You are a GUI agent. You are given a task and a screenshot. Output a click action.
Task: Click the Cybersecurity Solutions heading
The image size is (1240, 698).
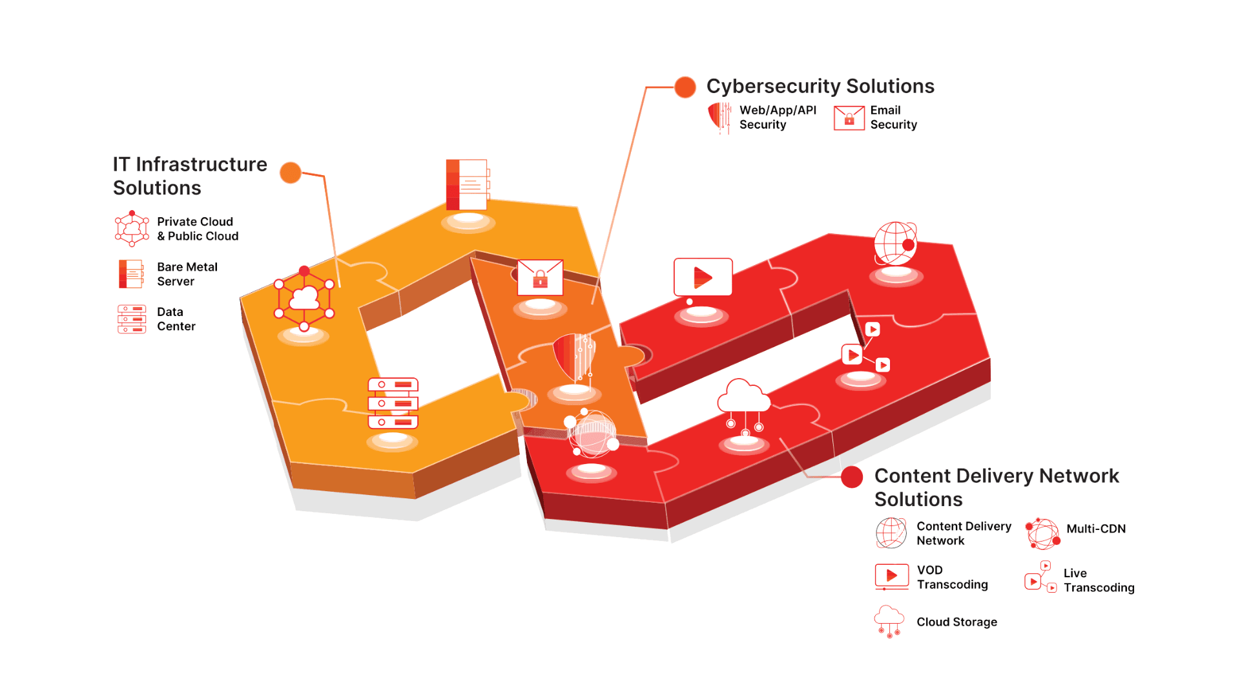[x=820, y=86]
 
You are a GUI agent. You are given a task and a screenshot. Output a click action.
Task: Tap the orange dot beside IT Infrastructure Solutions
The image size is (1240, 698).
[x=291, y=173]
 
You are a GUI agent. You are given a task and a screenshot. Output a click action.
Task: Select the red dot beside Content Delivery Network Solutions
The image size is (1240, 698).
[x=852, y=477]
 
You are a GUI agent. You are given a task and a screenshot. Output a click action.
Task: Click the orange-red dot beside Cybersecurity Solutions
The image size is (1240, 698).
[x=685, y=87]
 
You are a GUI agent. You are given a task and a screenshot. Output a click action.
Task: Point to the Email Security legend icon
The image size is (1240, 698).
[x=849, y=118]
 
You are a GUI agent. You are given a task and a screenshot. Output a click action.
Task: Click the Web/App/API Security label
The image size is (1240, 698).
[x=778, y=117]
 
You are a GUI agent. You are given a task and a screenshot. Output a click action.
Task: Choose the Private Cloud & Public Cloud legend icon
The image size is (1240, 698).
[x=132, y=229]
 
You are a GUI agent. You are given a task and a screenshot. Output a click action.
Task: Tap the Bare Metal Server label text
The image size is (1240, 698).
[x=187, y=274]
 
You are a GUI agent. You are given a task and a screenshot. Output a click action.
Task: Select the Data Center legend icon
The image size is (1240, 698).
[x=132, y=319]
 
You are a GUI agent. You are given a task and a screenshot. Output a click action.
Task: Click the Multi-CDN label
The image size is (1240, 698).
[x=1096, y=529]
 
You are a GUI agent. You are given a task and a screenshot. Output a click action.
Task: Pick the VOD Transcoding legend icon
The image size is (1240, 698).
[x=891, y=576]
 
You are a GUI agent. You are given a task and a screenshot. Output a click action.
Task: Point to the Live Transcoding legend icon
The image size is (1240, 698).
[x=1040, y=577]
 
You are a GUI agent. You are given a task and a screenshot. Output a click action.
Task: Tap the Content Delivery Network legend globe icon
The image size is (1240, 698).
[x=891, y=533]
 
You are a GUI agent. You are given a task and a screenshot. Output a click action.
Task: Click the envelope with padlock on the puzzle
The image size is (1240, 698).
[x=540, y=277]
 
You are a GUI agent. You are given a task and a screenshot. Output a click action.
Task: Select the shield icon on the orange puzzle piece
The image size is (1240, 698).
[x=574, y=357]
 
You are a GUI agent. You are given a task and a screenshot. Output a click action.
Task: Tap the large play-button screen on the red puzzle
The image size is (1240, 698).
[x=703, y=277]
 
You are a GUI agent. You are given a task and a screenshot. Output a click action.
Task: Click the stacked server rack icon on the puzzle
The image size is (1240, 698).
[x=393, y=403]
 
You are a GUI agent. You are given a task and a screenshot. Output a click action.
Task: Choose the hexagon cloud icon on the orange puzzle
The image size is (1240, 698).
[x=304, y=299]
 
